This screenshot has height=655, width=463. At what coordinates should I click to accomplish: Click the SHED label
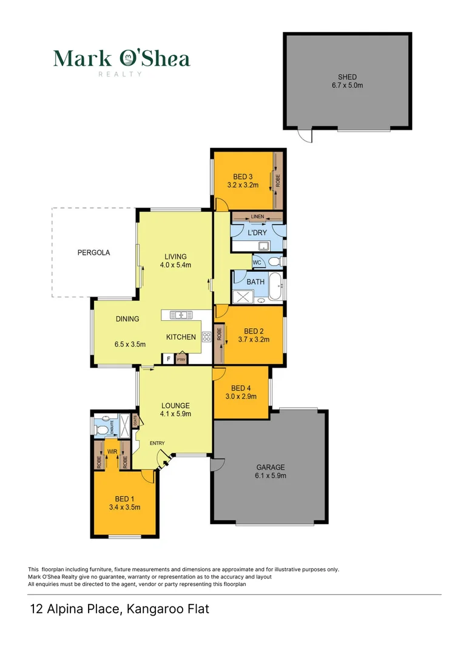click(347, 77)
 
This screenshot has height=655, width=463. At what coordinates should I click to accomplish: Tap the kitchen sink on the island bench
click(181, 315)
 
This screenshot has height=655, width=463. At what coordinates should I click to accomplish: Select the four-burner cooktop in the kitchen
click(206, 337)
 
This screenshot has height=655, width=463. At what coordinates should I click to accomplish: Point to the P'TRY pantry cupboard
click(180, 359)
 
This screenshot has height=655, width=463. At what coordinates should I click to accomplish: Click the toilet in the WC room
click(274, 262)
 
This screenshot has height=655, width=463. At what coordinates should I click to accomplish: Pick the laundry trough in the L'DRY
click(264, 246)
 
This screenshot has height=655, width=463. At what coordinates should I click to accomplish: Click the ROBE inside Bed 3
click(278, 180)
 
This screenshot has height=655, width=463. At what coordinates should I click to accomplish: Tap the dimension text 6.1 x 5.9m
click(271, 476)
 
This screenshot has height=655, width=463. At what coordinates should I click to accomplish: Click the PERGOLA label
click(93, 253)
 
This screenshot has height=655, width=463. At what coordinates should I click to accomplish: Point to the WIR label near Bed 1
click(112, 451)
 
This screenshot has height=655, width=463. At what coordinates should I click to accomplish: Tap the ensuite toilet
click(103, 429)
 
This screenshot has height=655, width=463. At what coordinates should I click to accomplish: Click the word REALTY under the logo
click(120, 74)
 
